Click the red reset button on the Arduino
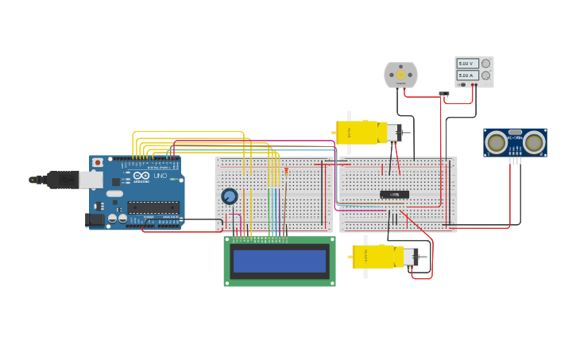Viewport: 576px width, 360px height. point(98,162)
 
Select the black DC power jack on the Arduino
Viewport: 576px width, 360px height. point(95,219)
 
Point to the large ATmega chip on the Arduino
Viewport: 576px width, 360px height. point(153,207)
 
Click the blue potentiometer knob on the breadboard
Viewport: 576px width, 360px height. point(230,196)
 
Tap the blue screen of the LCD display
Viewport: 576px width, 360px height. point(280,261)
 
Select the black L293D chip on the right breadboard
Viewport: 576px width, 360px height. point(394,195)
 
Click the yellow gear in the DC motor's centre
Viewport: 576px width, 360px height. point(400,75)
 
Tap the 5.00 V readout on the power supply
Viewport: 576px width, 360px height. point(466,64)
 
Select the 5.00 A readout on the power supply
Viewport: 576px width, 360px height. point(466,75)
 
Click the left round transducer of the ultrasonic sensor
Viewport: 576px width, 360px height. point(497,142)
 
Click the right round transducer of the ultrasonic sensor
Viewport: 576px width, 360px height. point(534,142)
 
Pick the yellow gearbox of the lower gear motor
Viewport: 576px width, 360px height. point(373,256)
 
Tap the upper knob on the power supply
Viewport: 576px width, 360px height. point(485,64)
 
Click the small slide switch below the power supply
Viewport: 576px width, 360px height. point(444,94)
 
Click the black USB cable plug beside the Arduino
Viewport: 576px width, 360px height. point(60,180)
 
